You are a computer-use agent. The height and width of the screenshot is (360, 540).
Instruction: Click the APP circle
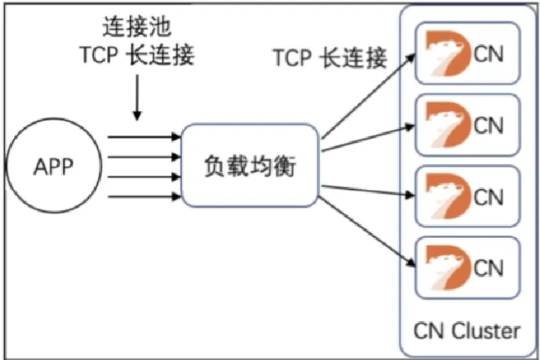click(x=54, y=167)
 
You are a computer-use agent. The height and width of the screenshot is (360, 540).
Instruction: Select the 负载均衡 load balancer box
click(x=249, y=166)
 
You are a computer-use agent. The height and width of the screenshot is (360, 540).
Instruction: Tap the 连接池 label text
click(x=136, y=28)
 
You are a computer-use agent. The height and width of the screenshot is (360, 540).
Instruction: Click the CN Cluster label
click(x=466, y=330)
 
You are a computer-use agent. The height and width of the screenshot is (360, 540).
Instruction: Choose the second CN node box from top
click(x=466, y=127)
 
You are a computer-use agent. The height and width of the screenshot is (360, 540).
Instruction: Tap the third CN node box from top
click(x=466, y=198)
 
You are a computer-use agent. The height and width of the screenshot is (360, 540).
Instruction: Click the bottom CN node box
click(x=466, y=268)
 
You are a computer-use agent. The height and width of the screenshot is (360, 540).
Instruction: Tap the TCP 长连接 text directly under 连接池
click(x=137, y=55)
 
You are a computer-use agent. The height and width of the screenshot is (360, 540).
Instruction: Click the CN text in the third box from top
click(x=489, y=198)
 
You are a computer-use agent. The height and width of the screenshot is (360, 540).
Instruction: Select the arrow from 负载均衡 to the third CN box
click(x=368, y=190)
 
